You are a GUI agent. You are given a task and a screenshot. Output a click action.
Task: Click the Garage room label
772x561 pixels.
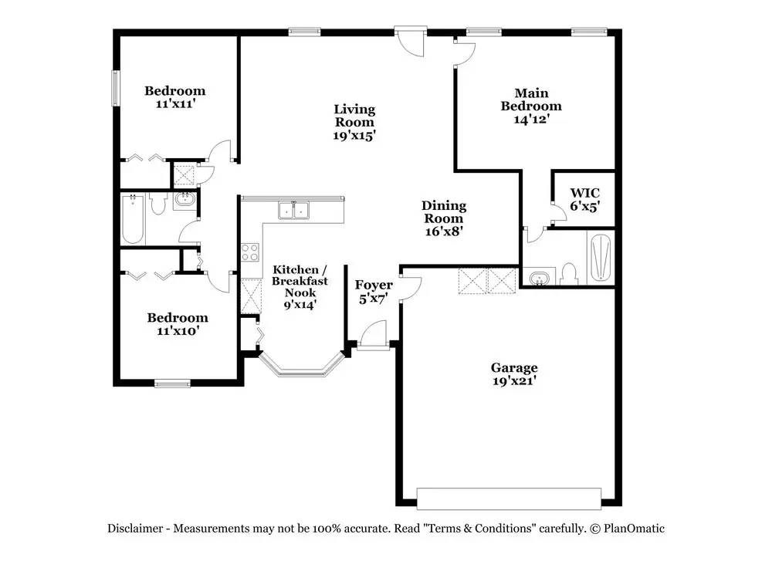[x=514, y=367]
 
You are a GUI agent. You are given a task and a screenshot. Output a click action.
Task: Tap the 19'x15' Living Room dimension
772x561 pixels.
[x=354, y=135]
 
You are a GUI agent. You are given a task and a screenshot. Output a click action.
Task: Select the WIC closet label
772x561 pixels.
[x=585, y=193]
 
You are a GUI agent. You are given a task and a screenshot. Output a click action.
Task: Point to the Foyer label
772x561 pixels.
[x=374, y=285]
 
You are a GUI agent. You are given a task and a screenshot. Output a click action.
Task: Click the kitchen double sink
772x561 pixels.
[x=293, y=210]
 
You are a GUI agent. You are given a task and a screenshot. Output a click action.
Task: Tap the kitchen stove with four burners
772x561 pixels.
[x=250, y=252]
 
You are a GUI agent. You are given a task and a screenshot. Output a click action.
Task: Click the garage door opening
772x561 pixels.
[x=509, y=498]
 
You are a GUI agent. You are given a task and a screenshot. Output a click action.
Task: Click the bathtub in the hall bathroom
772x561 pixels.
[x=133, y=219]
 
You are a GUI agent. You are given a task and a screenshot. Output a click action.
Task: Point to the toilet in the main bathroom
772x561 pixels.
[x=569, y=274]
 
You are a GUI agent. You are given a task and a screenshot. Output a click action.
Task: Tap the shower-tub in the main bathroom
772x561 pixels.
[x=600, y=258]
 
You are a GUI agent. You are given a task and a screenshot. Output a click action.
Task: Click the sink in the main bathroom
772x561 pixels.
[x=540, y=278]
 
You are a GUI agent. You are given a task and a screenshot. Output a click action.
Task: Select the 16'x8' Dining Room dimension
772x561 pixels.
[x=444, y=231]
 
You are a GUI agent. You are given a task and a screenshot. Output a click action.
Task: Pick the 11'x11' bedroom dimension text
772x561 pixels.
[x=176, y=104]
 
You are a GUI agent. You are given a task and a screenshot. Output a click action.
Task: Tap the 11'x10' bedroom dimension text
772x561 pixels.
[x=178, y=331]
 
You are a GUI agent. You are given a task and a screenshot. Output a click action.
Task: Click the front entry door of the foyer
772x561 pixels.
[x=373, y=346]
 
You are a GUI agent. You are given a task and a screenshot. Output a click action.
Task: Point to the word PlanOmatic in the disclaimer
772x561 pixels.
[x=634, y=529]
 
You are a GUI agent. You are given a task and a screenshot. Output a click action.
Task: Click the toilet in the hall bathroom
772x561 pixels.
[x=158, y=203]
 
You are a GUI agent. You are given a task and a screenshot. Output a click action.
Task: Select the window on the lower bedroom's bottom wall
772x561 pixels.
[x=172, y=384]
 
